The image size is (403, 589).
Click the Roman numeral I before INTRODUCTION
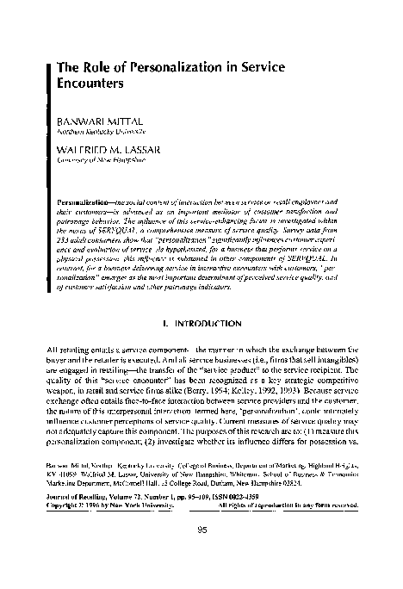(x=176, y=299)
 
